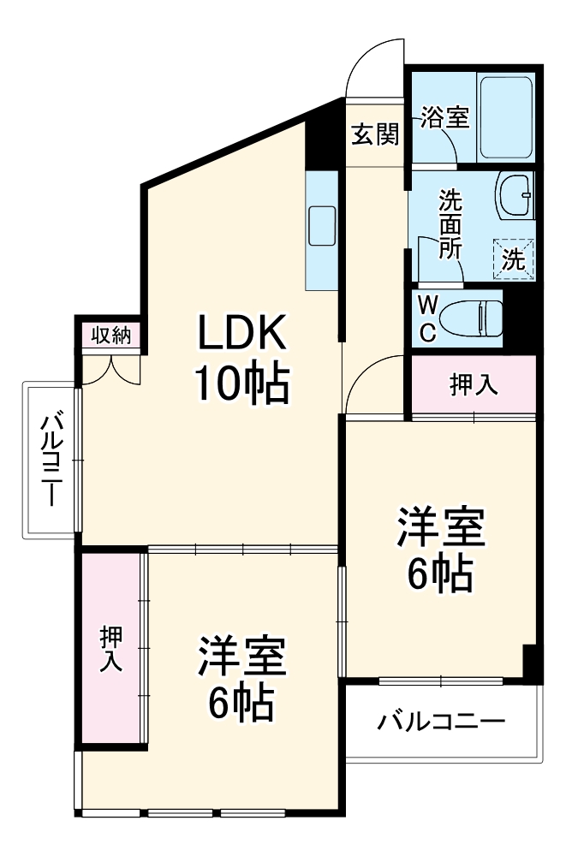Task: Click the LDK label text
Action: click(242, 335)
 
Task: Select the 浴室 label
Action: click(444, 118)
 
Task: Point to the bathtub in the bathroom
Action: click(507, 117)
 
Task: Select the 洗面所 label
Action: click(450, 224)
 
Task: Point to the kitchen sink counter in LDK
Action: click(323, 229)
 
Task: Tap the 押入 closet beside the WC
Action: click(474, 385)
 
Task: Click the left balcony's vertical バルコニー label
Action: click(51, 458)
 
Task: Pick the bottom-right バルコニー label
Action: click(441, 722)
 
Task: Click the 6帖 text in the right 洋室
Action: click(439, 574)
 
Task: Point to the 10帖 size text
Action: click(242, 383)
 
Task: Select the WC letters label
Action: click(428, 318)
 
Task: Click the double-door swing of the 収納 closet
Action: click(112, 367)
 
